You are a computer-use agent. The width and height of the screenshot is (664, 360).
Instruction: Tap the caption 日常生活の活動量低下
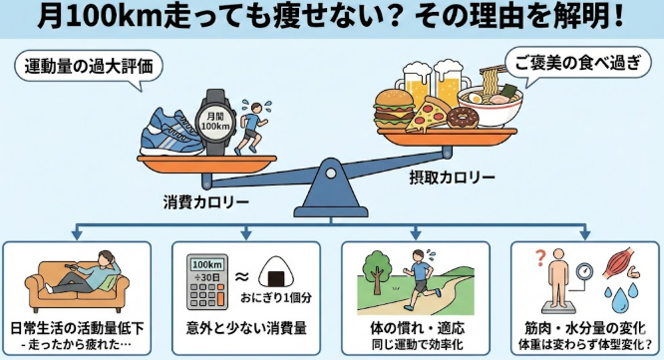click(81, 328)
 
